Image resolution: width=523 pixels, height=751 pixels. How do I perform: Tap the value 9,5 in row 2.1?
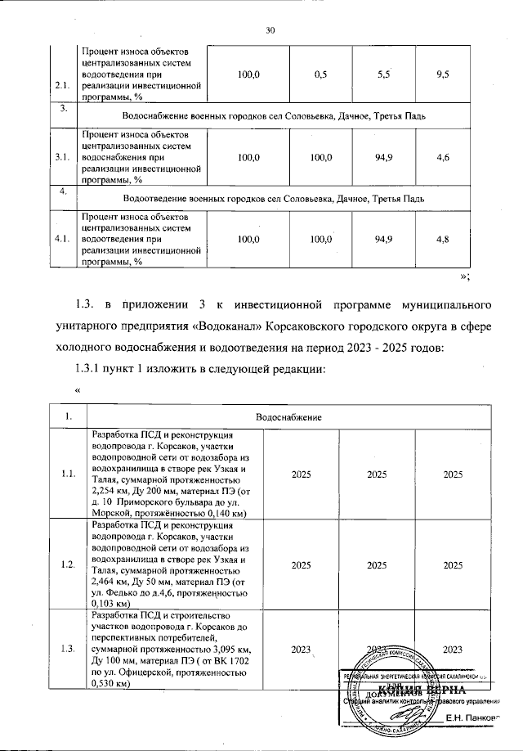[x=445, y=74]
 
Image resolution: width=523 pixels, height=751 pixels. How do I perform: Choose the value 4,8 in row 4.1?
[x=445, y=239]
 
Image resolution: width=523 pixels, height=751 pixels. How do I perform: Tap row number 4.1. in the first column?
[x=61, y=239]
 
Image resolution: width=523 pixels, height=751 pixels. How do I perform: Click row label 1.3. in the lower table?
[x=69, y=649]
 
